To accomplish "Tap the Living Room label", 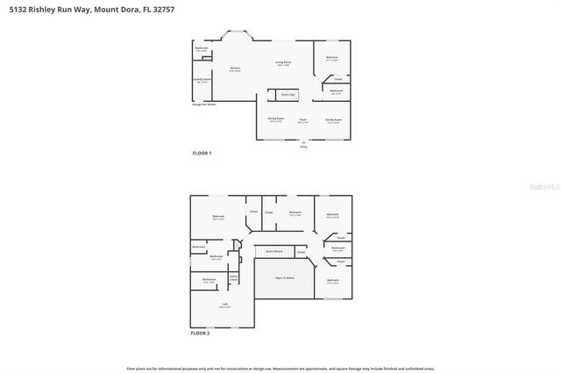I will (x=283, y=63).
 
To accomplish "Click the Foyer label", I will (x=302, y=119).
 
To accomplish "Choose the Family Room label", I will (x=332, y=119).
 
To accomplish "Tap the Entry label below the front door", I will (x=303, y=147).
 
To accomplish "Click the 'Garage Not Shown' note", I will (x=203, y=104).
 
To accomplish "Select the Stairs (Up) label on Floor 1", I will (x=287, y=93).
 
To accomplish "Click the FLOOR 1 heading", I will (x=202, y=153).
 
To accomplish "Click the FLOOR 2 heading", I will (x=202, y=333).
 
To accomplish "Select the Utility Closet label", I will (x=234, y=278).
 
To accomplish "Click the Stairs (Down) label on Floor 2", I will (x=273, y=251).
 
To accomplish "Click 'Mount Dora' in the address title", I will (x=117, y=11).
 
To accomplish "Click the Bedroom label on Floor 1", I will (x=331, y=58).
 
